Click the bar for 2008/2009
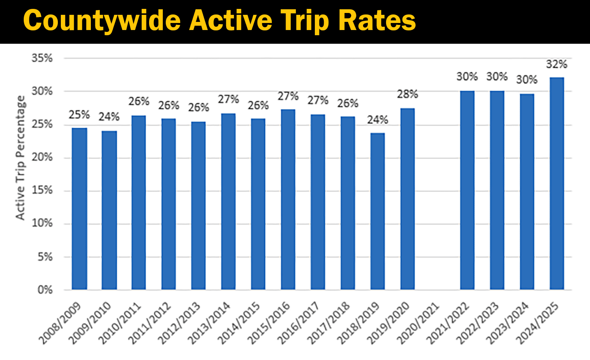coord(79,209)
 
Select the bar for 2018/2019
coord(378,211)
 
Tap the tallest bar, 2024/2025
coord(557,184)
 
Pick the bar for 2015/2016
coord(288,199)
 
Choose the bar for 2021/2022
coord(467,190)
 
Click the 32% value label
coord(557,64)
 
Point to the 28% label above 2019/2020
coord(408,94)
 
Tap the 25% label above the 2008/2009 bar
coord(79,115)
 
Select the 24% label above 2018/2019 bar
coord(378,120)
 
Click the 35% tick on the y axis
coord(42,58)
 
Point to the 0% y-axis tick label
coord(45,290)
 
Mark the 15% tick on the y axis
coord(42,190)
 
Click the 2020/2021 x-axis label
coord(418,323)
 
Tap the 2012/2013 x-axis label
coord(179,323)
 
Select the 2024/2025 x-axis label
coord(538,323)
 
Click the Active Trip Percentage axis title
coord(20,158)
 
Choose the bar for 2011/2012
coord(169,204)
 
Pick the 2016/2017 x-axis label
coord(299,323)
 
